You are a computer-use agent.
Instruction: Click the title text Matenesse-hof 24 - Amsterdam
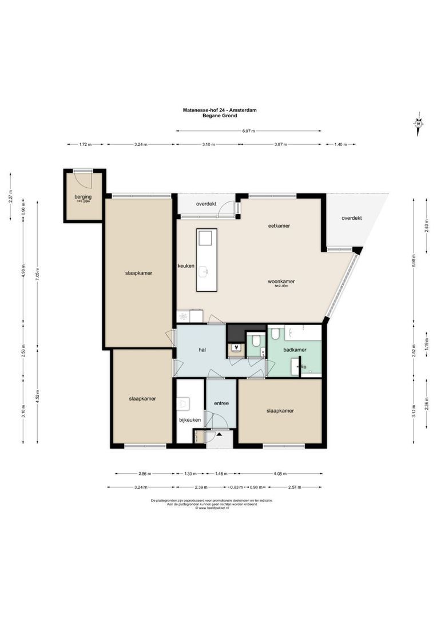(220, 111)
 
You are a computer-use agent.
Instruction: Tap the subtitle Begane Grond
(220, 116)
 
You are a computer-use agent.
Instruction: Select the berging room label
(83, 197)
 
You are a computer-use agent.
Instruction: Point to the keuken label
(186, 266)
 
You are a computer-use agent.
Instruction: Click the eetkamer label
(279, 225)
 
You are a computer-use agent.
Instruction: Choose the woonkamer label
(281, 282)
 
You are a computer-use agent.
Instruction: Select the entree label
(221, 403)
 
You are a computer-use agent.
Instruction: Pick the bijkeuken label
(190, 420)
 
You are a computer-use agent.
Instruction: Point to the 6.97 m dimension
(248, 131)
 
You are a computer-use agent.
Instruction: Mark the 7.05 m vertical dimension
(37, 274)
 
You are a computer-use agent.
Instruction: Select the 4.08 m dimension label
(280, 474)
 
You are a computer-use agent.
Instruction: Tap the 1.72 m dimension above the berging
(85, 145)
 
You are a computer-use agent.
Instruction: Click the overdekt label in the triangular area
(352, 218)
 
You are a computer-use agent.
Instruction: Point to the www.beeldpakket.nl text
(213, 508)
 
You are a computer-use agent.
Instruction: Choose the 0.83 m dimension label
(235, 488)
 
